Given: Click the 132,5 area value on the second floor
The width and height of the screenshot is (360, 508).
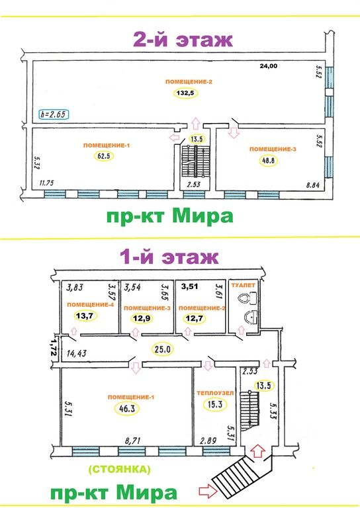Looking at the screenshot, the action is (185, 93).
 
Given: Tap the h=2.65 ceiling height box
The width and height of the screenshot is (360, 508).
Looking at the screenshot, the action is (54, 114).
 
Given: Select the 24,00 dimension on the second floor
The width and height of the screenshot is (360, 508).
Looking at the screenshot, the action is (269, 66).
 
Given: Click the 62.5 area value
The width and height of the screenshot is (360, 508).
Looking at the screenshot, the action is (104, 156).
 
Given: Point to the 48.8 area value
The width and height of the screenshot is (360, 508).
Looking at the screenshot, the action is (269, 160).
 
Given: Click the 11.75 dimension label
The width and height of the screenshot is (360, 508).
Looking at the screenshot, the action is (46, 183).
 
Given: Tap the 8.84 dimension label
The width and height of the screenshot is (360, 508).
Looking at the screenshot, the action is (313, 186).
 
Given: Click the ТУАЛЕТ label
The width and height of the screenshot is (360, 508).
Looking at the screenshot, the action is (243, 286).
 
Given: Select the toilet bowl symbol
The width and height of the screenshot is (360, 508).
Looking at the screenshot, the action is (248, 298).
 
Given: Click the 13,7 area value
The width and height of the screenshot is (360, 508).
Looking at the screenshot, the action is (85, 316).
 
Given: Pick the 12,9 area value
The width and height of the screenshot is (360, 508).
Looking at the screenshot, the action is (142, 318).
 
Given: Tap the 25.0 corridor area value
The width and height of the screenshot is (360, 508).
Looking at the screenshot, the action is (162, 349).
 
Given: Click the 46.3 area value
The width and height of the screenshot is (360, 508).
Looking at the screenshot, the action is (127, 409).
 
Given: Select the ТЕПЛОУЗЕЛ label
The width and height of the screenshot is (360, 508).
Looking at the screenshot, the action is (215, 394).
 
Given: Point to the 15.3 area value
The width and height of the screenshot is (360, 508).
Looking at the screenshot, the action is (215, 405).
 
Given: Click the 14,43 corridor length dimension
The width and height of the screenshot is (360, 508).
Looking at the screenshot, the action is (77, 353).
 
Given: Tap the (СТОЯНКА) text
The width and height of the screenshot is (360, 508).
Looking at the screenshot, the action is (120, 469).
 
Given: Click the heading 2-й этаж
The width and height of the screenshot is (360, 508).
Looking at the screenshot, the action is (183, 40).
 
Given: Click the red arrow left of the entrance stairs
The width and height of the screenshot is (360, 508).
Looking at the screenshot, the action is (208, 491).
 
